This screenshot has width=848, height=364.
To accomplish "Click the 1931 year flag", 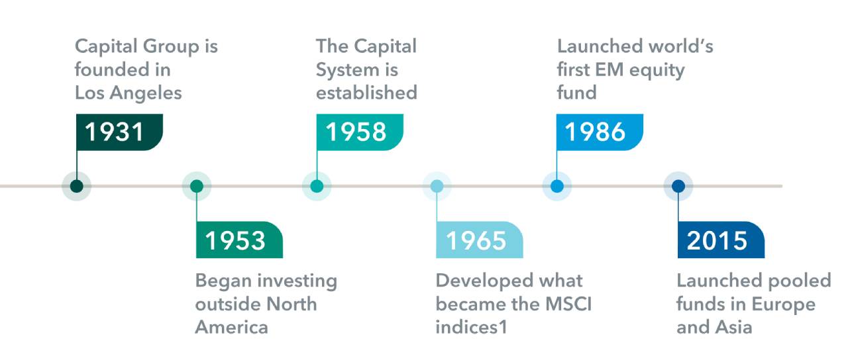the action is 119,132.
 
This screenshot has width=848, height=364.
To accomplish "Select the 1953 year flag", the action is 239,240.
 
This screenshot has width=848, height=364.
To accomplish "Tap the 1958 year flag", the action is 360,132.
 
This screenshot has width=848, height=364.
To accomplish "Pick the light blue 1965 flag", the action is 480,240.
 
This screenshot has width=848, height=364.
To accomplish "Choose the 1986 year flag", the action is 600,132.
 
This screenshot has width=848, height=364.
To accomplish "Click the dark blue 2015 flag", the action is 721,240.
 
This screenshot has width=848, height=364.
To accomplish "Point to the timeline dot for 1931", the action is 76,186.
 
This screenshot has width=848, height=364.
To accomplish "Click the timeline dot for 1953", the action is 197,186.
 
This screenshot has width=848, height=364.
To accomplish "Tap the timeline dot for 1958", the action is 317,186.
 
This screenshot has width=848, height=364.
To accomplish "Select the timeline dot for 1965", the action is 437,186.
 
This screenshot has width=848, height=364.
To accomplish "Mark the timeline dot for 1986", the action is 557,186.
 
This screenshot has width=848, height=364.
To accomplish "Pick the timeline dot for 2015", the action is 678,186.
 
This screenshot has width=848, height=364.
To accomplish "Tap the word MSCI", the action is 568,304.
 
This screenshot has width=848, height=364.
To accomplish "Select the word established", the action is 366,93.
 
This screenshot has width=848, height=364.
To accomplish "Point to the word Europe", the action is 784,305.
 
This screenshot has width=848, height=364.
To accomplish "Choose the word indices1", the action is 471,327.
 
